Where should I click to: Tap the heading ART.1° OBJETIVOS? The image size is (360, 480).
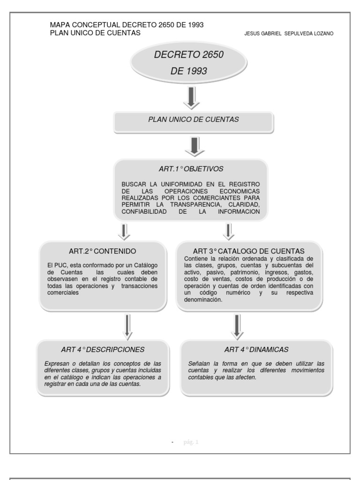click(x=191, y=168)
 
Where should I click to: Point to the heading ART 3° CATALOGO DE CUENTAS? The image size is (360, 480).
click(x=249, y=251)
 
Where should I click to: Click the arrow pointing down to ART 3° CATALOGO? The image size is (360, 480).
click(x=229, y=231)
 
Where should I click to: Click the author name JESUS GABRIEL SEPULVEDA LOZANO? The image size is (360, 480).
click(x=289, y=34)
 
